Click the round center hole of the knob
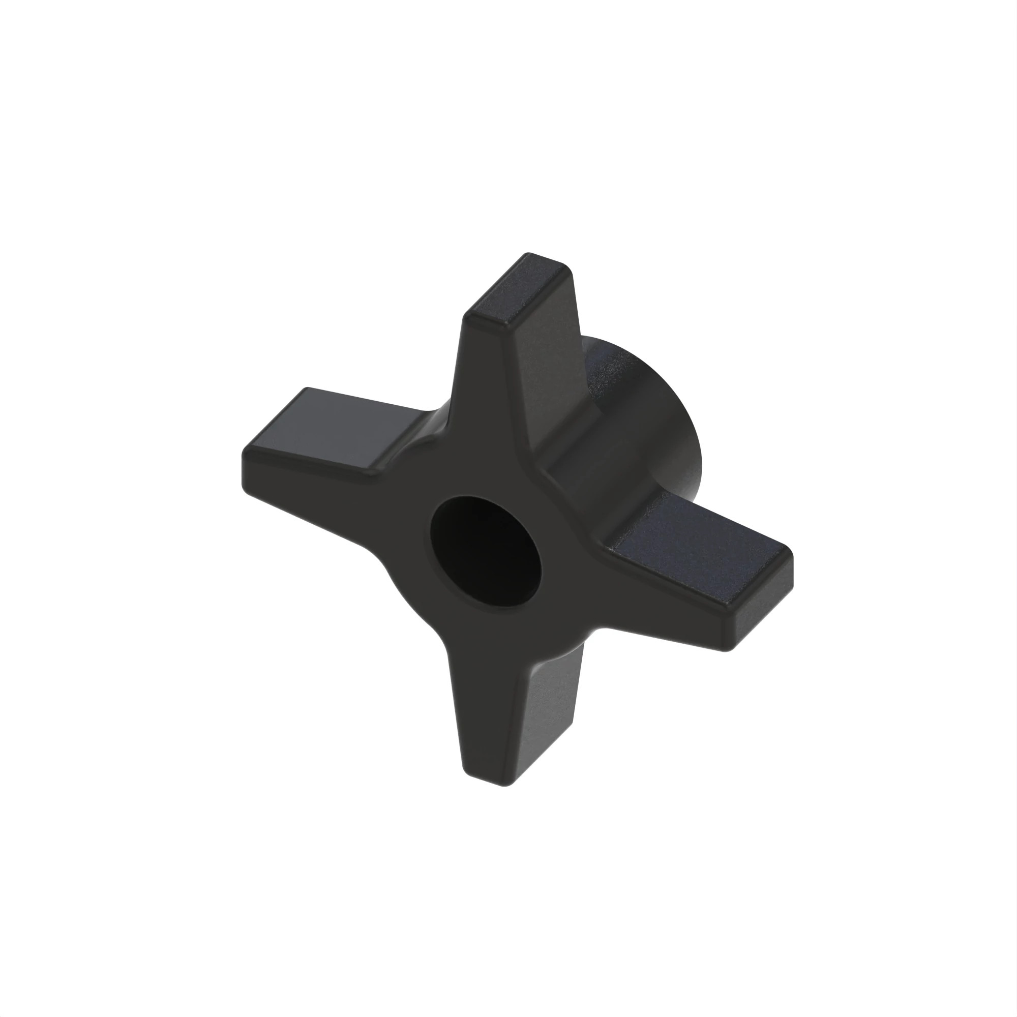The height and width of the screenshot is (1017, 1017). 485,551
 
